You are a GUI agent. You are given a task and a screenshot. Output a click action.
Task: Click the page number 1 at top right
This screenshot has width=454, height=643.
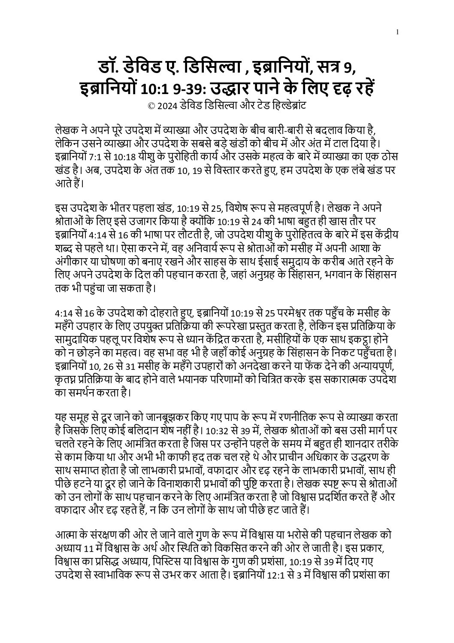[398, 32]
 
